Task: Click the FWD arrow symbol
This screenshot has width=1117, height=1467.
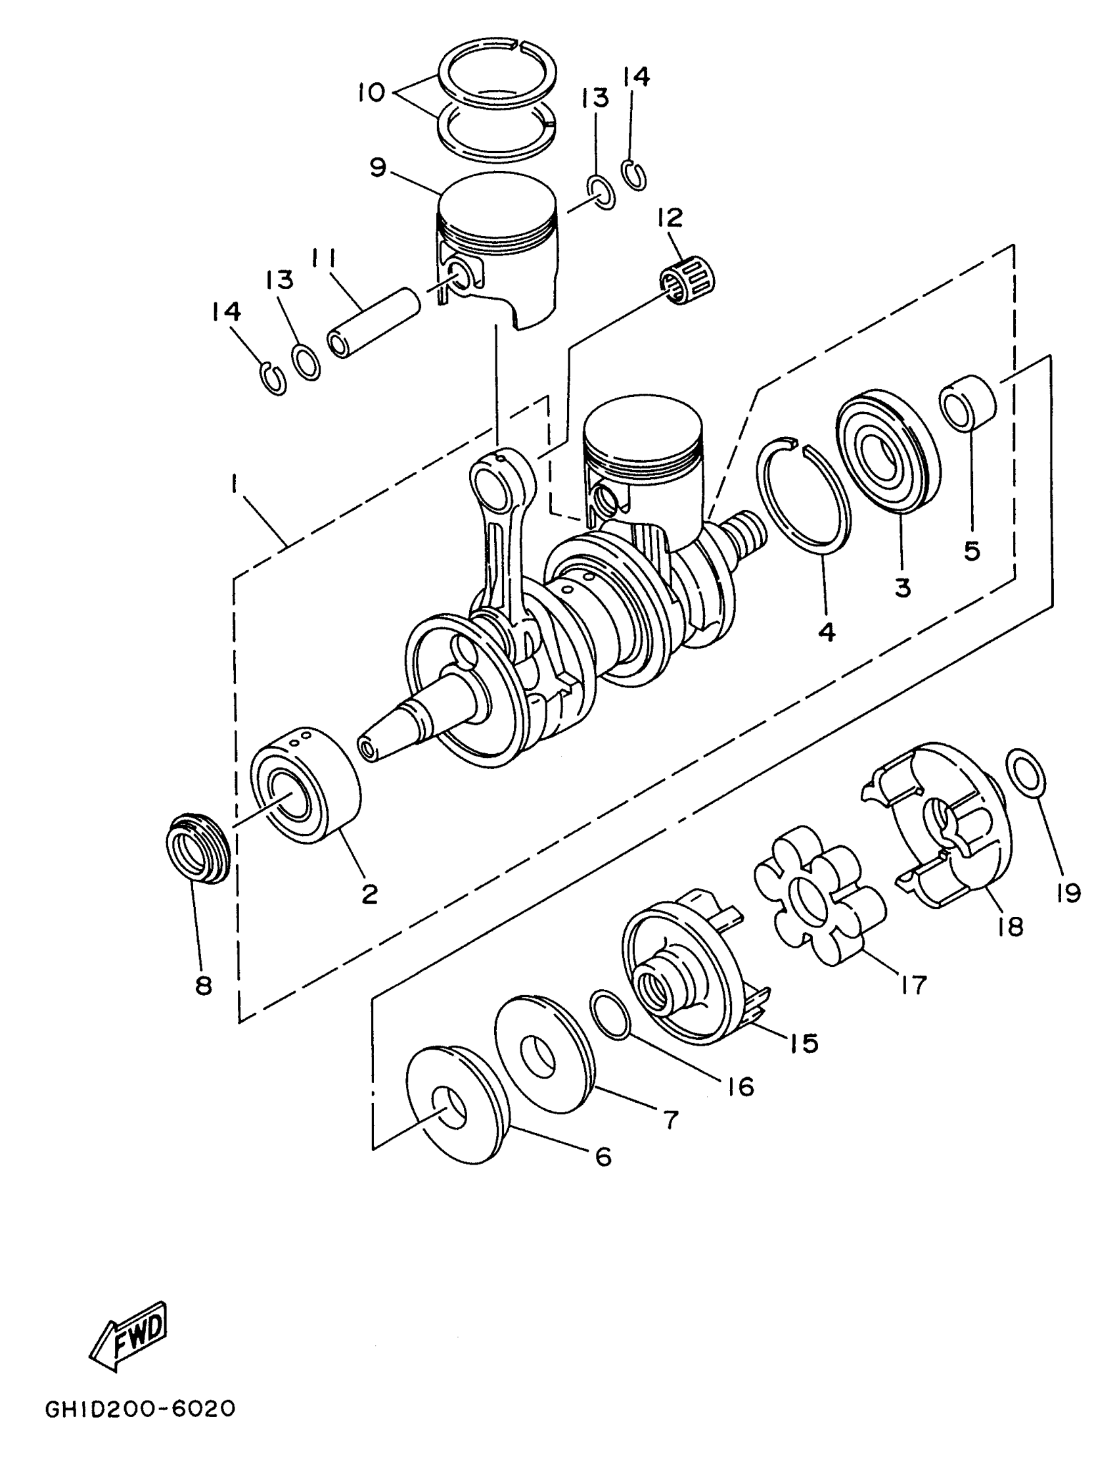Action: coord(128,1336)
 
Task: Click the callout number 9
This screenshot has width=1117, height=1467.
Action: coord(377,167)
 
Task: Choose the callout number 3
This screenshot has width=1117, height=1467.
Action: coord(903,587)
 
